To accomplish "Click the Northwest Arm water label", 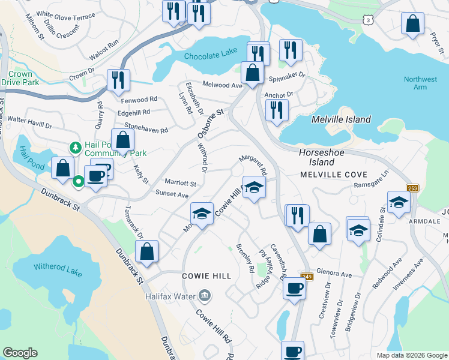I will coord(420,83).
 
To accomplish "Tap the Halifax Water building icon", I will coord(205,296).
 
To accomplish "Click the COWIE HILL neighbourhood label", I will coord(206,275).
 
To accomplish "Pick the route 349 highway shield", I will coord(306,277).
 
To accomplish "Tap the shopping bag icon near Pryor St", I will coord(413,24).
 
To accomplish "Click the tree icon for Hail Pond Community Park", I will coord(75,147).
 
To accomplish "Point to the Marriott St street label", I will coord(180,182).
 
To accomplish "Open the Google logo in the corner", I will coord(20,353).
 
